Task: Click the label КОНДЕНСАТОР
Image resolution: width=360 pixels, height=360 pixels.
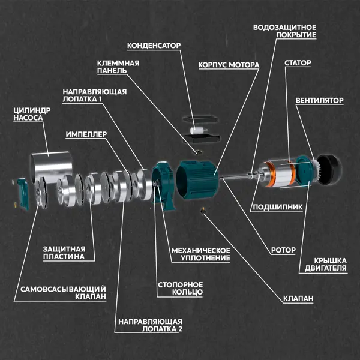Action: pyautogui.click(x=154, y=46)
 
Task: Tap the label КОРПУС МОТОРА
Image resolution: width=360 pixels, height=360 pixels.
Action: pyautogui.click(x=229, y=65)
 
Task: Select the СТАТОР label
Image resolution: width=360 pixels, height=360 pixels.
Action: pyautogui.click(x=298, y=63)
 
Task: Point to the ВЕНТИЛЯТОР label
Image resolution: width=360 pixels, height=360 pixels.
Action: pyautogui.click(x=319, y=101)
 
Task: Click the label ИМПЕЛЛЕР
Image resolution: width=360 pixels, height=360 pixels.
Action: pyautogui.click(x=86, y=134)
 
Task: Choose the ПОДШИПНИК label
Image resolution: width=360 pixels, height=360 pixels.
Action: pyautogui.click(x=278, y=207)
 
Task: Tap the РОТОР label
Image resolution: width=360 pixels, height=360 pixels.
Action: pyautogui.click(x=283, y=250)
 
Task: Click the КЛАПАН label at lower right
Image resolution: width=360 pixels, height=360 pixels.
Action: pyautogui.click(x=298, y=298)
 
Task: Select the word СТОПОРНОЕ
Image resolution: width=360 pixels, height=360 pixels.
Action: pyautogui.click(x=180, y=284)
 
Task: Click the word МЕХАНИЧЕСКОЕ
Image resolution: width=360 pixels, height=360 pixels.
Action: pyautogui.click(x=200, y=250)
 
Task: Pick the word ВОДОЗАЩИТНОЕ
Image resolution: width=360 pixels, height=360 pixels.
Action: pyautogui.click(x=284, y=28)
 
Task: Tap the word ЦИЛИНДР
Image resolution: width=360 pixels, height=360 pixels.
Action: pyautogui.click(x=32, y=110)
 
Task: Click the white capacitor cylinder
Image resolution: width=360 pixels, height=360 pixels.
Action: pyautogui.click(x=197, y=131)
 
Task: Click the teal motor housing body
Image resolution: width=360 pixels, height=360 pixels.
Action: pyautogui.click(x=197, y=179)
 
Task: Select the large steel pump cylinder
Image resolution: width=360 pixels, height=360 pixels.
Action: pyautogui.click(x=52, y=167)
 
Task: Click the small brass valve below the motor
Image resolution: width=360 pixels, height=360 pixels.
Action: pyautogui.click(x=203, y=210)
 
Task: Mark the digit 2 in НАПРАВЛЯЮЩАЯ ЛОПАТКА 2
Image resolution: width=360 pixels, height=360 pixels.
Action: pyautogui.click(x=180, y=329)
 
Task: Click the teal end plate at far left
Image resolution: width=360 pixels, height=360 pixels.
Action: pyautogui.click(x=23, y=194)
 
